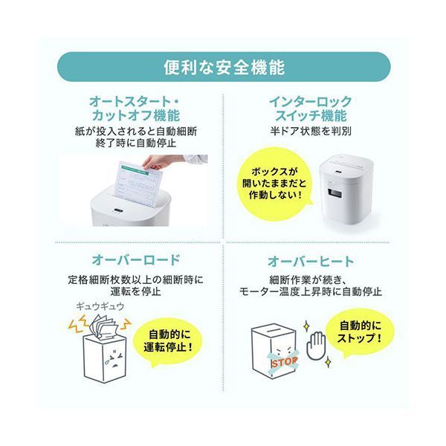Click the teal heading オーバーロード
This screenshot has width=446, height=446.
click(x=136, y=260)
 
